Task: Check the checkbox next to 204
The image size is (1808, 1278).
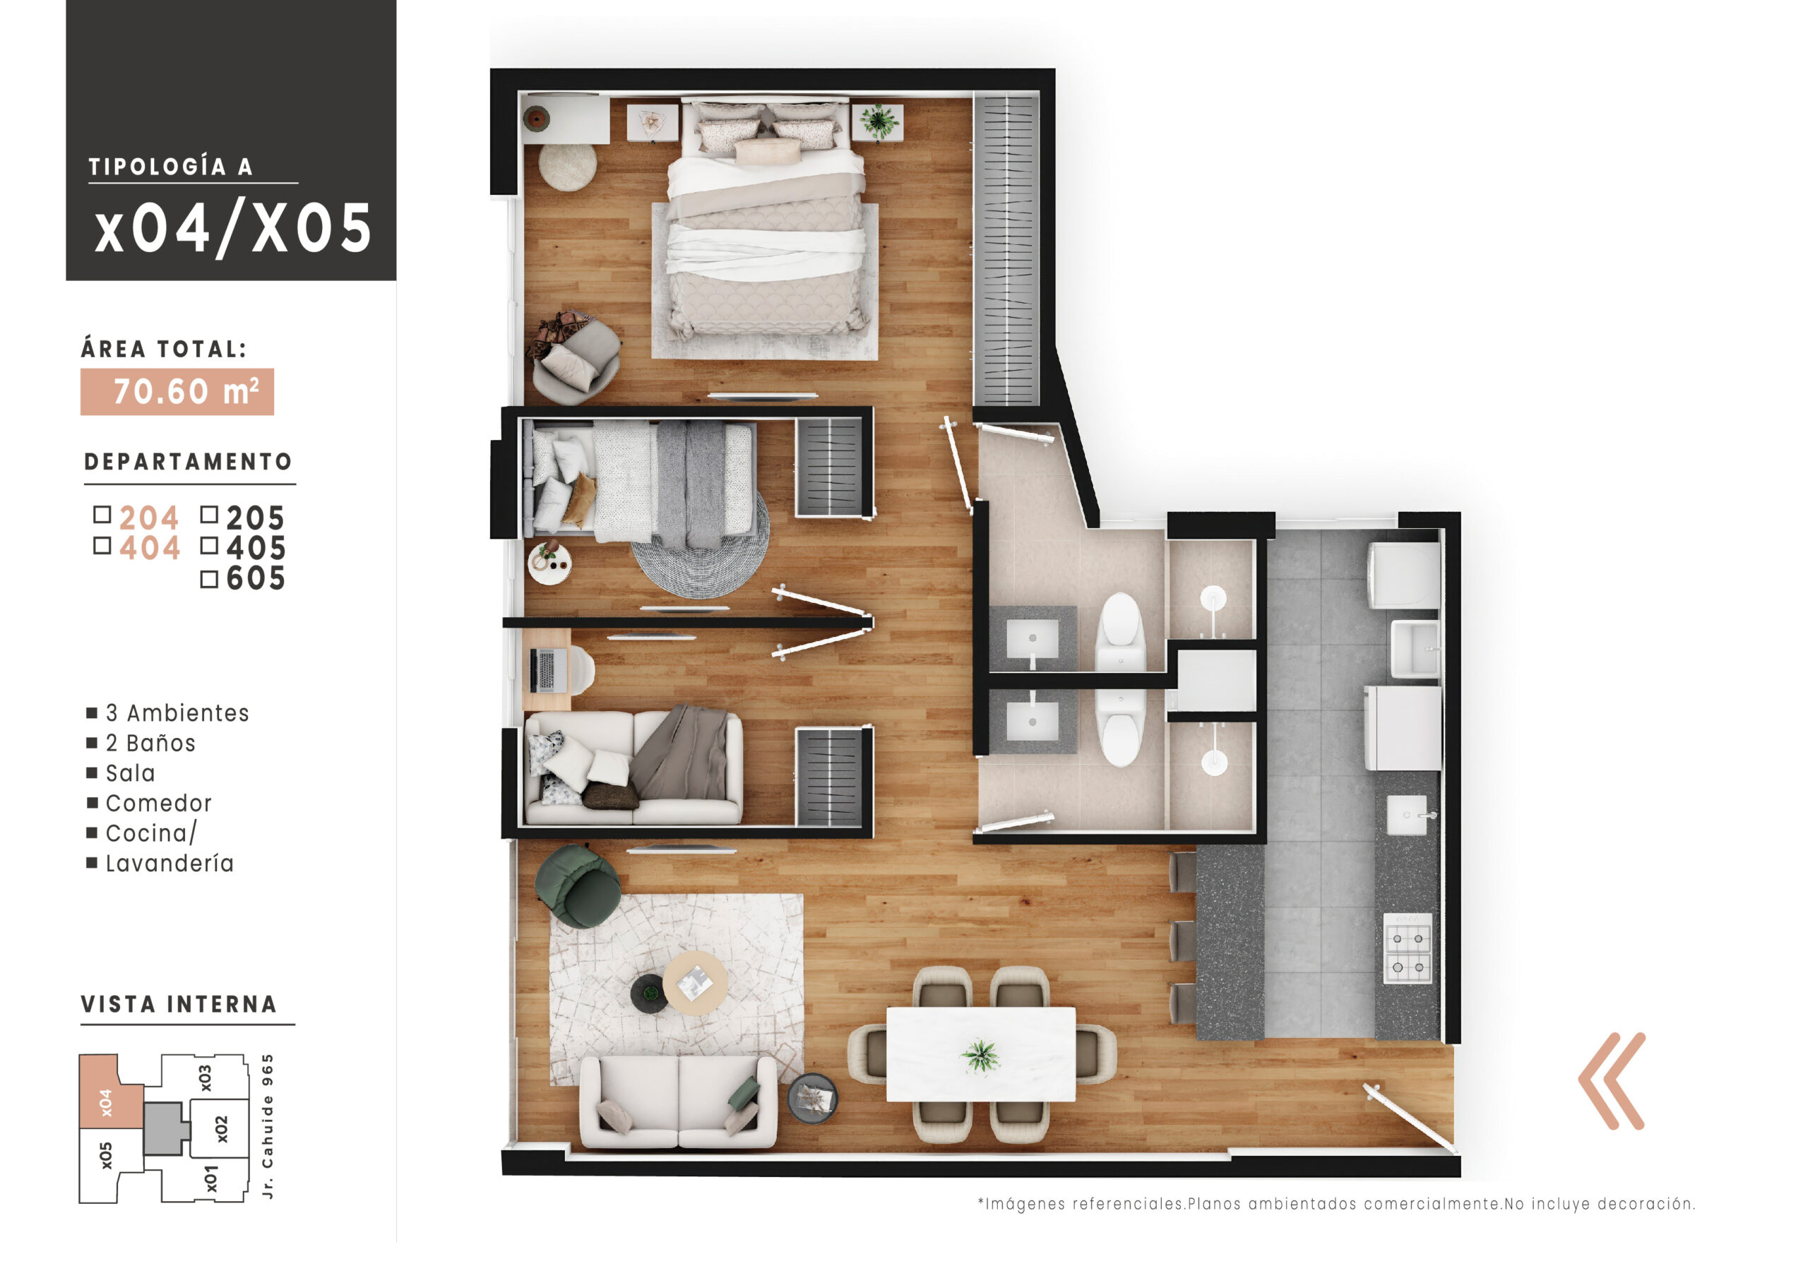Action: coord(102,515)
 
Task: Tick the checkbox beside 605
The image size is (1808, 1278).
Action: coord(208,580)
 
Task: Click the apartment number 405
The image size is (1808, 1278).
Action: coord(255,548)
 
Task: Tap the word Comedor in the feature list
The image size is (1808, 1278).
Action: coord(158,804)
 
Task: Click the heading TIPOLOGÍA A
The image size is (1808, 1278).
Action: coord(170,167)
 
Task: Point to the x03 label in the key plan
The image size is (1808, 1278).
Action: coord(205,1078)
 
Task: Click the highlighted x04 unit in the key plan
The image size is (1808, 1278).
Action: coord(107,1102)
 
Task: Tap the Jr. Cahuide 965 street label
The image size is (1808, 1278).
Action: coord(268,1126)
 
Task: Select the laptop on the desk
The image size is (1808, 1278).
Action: coord(545,670)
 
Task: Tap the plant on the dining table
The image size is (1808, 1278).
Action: coord(980,1054)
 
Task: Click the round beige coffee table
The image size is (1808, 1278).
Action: coord(694,982)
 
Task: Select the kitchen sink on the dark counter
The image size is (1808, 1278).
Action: coord(1406,815)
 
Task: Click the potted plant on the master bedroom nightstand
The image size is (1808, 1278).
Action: coord(877,121)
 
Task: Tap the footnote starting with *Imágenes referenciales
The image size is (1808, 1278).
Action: coord(1336,1204)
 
